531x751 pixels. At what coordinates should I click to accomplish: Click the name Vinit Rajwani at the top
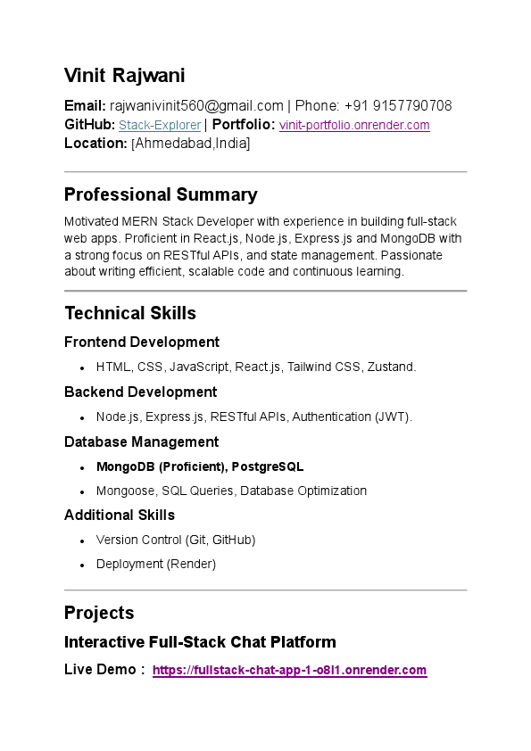click(124, 76)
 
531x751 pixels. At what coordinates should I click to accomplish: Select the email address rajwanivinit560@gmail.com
click(196, 106)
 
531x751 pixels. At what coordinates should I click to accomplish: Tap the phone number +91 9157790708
click(398, 106)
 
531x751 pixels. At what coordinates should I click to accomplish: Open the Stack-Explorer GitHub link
click(160, 126)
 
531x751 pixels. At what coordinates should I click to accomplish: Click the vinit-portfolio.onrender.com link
click(354, 126)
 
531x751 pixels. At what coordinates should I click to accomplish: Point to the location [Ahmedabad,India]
click(190, 144)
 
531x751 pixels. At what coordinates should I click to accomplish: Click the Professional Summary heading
click(161, 194)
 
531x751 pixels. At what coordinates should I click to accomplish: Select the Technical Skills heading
click(130, 313)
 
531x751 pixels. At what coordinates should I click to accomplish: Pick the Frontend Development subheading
click(142, 342)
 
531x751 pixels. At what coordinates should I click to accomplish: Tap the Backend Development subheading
click(140, 392)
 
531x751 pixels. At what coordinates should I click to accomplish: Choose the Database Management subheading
click(143, 442)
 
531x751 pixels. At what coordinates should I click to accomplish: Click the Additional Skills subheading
click(120, 516)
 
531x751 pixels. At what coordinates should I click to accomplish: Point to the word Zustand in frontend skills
click(391, 367)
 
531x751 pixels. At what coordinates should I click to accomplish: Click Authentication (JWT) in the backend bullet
click(352, 417)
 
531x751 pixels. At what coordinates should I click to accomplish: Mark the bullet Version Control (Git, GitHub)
click(176, 541)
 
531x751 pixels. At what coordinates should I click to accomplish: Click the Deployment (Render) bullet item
click(156, 565)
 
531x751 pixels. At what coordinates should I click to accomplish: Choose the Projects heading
click(99, 613)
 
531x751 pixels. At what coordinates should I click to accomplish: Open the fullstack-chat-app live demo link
click(289, 671)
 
